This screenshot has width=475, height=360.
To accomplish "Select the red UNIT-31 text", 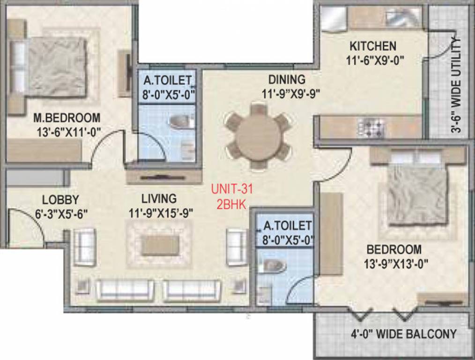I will coord(231,190).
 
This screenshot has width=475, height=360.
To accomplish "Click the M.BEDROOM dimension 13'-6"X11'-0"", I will coord(69,133).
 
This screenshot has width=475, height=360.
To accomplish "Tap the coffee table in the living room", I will coord(160,245).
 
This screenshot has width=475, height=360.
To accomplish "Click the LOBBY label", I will coord(60,199).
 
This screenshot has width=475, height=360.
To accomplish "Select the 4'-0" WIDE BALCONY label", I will coord(403,334).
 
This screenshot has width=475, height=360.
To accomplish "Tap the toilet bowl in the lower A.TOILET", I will coord(275,265).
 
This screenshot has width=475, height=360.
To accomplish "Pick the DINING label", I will coord(286,79).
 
